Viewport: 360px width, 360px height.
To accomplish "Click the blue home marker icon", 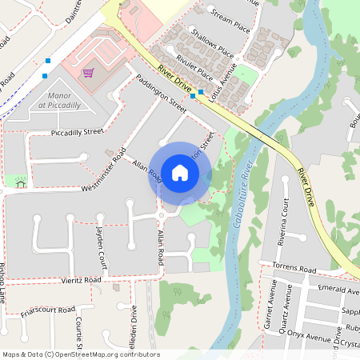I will click(x=180, y=173).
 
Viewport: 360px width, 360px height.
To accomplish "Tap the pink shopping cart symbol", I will click(x=89, y=73).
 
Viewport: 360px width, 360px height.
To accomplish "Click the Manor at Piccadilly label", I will click(x=60, y=100).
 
